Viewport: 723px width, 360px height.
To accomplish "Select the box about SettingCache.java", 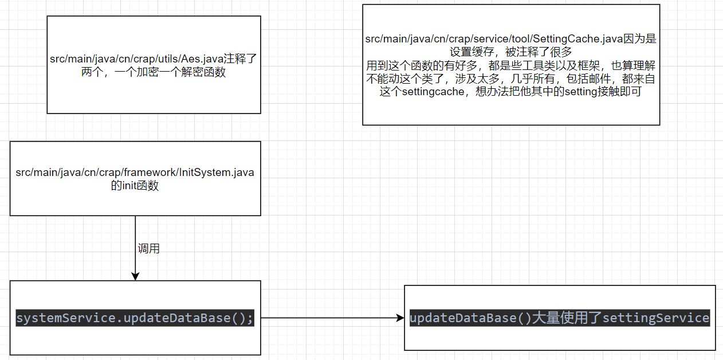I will pos(510,112).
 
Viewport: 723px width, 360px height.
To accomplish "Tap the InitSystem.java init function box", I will pos(135,201).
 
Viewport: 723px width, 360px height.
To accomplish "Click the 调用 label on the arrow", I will pos(148,249).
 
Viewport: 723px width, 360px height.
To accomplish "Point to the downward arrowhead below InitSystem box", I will pos(135,276).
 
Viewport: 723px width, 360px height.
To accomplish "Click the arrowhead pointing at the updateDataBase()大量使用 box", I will pos(400,318).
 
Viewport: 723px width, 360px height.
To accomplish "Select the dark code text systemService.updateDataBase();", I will pos(135,318).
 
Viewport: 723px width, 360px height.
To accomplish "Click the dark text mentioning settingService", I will pos(560,318).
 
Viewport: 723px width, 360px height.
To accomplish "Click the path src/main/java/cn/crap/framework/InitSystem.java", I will pos(135,173).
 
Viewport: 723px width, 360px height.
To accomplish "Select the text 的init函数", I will pos(135,186).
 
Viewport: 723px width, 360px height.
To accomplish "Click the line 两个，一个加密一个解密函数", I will pos(154,72).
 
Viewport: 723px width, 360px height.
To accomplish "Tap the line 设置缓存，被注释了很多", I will pos(510,52).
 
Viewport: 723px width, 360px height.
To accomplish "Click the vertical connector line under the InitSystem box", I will pos(135,235).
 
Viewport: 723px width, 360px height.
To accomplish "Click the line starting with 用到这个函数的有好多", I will pos(510,65).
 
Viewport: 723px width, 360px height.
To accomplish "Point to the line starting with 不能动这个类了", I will pos(510,79).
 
